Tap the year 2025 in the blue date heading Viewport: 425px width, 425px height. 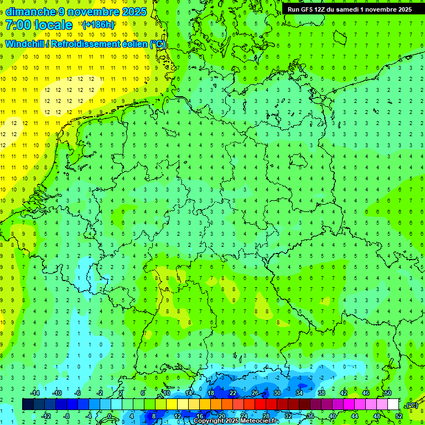[133, 11]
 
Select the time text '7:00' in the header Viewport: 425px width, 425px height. [18, 25]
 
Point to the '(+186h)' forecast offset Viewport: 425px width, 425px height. [98, 25]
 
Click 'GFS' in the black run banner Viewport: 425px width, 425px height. [308, 9]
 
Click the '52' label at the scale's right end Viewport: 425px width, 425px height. [399, 416]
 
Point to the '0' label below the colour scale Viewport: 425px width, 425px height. [110, 416]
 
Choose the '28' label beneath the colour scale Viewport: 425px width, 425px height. [266, 416]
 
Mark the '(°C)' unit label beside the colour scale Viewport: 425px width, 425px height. [412, 405]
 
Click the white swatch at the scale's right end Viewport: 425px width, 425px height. [393, 405]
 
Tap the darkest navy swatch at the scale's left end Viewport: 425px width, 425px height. [28, 405]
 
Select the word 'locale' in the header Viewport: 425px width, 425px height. [53, 25]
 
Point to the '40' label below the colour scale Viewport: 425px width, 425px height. [332, 416]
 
